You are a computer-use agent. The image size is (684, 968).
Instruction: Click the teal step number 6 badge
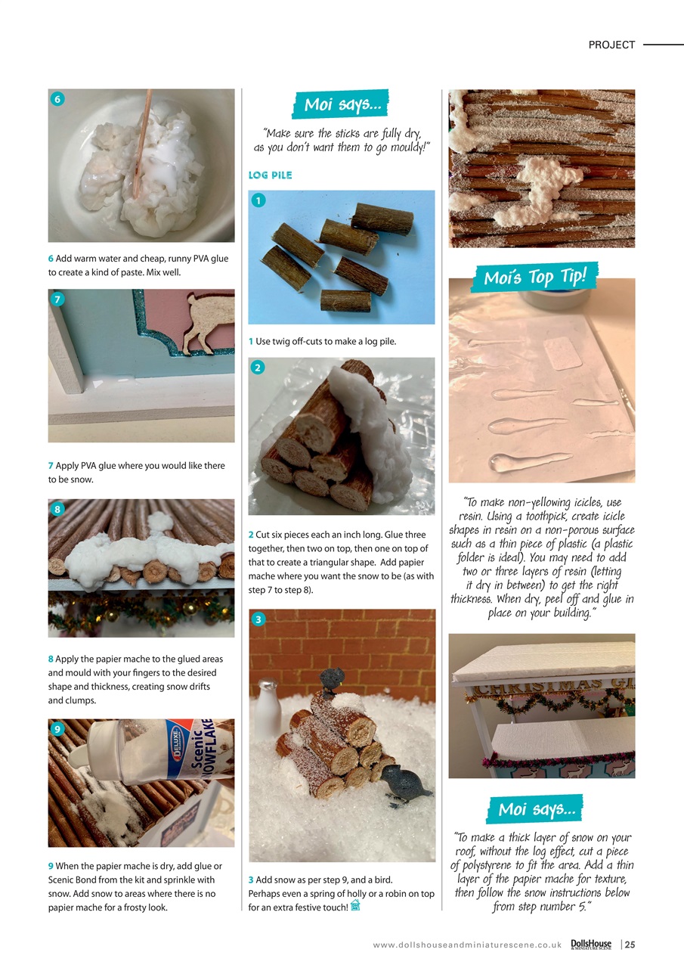tap(57, 99)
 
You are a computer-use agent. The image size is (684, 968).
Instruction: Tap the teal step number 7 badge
tap(57, 299)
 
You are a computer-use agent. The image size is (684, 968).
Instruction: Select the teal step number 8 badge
tap(57, 509)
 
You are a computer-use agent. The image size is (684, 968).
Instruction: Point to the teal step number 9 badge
tap(57, 729)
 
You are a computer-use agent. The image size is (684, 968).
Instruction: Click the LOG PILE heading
tap(270, 175)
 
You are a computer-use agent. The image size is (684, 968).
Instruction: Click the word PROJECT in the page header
tap(611, 45)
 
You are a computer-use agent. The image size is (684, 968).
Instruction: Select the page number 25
tap(629, 945)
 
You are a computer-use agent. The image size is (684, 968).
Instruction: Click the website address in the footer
tap(466, 945)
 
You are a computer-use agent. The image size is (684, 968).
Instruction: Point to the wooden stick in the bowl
tap(141, 144)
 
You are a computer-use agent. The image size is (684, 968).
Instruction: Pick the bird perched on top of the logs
tap(332, 680)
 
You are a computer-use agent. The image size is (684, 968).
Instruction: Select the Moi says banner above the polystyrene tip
tap(537, 809)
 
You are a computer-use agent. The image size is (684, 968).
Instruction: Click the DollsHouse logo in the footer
tap(591, 944)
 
